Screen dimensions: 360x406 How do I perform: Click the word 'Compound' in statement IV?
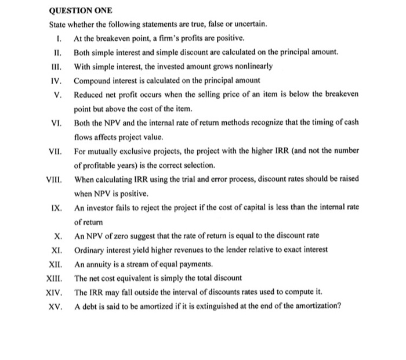tap(93, 80)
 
